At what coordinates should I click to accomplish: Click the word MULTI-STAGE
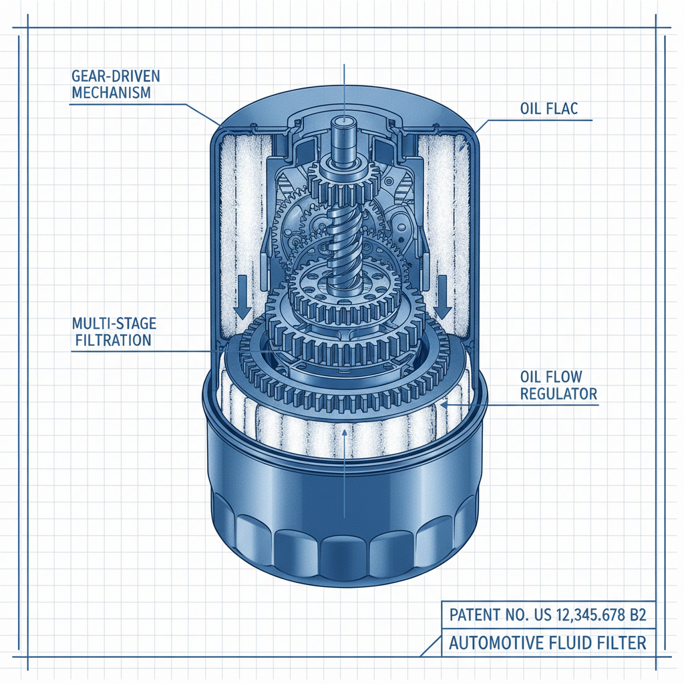[x=114, y=323]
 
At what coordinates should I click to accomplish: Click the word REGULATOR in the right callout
[x=558, y=394]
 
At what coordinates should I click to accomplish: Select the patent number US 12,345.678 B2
[x=588, y=615]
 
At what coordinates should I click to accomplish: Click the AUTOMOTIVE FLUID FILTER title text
[x=548, y=643]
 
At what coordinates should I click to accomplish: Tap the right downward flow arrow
[x=442, y=304]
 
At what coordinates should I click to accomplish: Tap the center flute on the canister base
[x=343, y=551]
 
